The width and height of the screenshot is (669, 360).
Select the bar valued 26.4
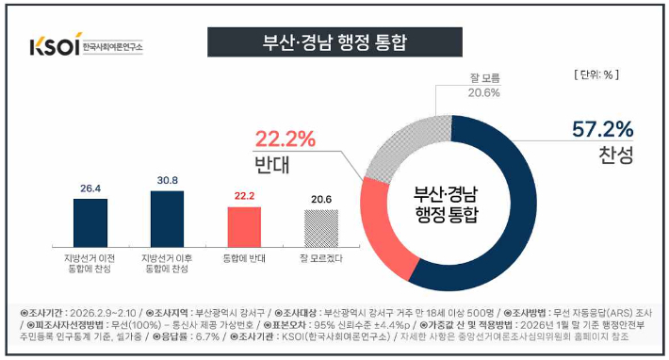[x=90, y=221]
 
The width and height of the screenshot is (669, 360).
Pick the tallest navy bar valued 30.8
[x=166, y=216]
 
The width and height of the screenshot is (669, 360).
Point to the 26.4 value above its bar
[x=90, y=187]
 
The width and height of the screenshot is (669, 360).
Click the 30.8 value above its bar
[x=166, y=179]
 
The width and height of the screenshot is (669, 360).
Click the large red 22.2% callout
[x=284, y=139]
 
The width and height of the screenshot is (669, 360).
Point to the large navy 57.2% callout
[x=603, y=129]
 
